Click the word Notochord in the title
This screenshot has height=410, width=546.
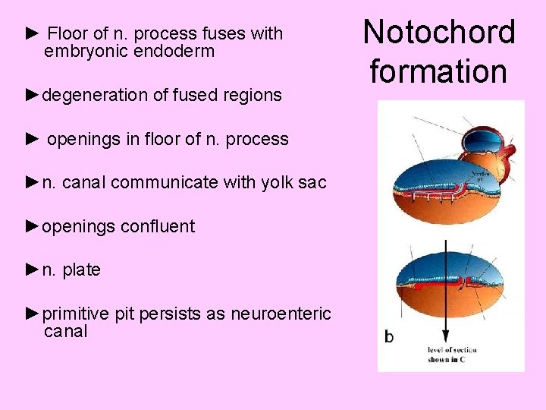tap(439, 33)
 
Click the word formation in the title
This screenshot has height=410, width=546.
tap(438, 71)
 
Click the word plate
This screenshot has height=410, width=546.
tap(81, 270)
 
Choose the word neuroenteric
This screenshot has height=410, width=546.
tap(281, 314)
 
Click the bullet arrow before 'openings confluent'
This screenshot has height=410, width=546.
tap(32, 225)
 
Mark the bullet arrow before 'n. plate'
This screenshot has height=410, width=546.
tap(32, 270)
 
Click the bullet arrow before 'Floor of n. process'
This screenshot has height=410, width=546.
tap(32, 33)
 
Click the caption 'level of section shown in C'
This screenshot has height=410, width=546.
tap(450, 355)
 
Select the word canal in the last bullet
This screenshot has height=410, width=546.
tap(66, 332)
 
